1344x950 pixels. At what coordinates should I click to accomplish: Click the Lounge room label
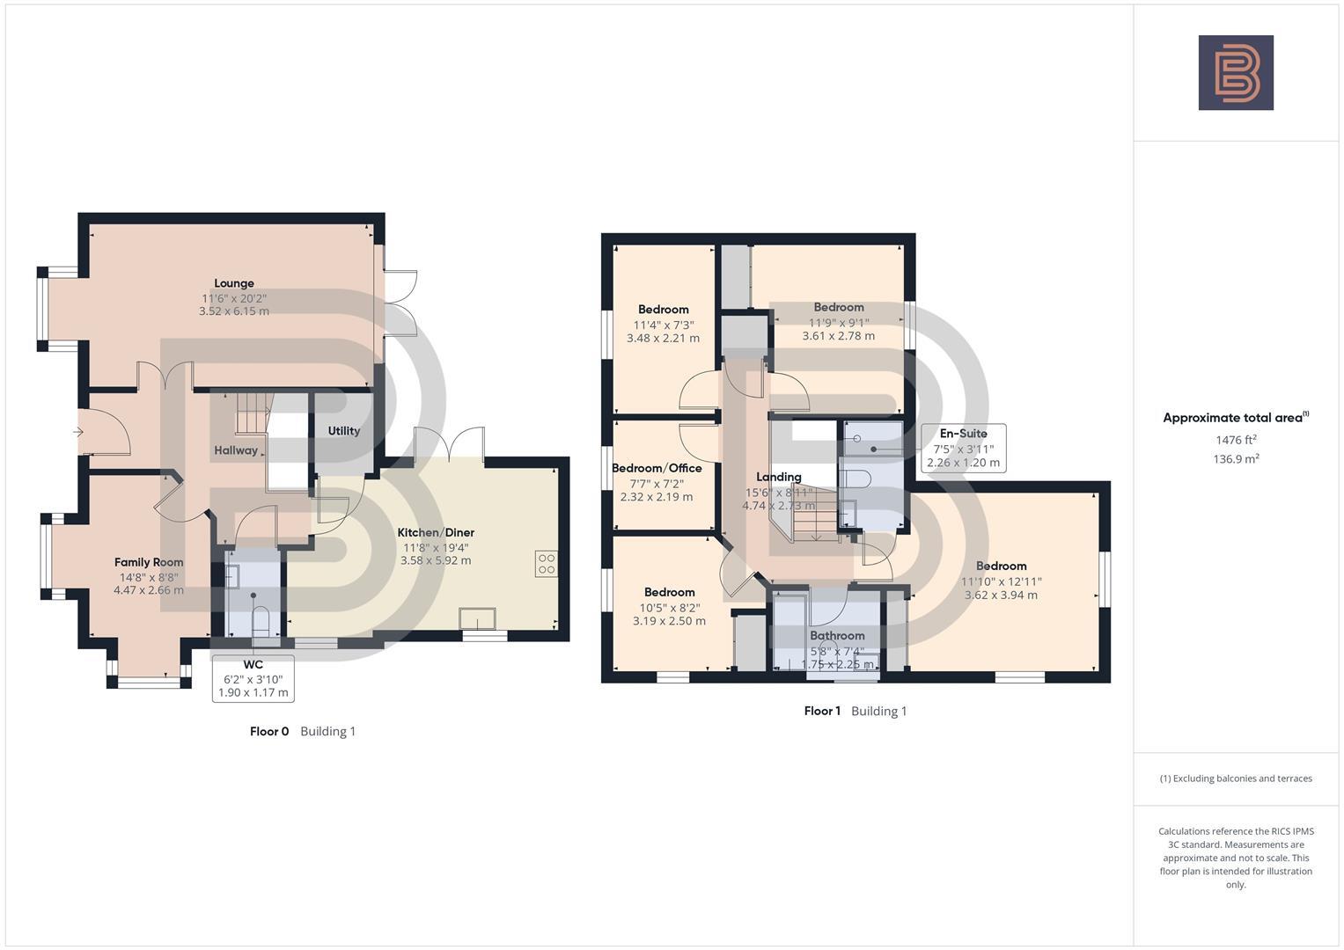[234, 283]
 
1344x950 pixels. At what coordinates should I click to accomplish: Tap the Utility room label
[343, 431]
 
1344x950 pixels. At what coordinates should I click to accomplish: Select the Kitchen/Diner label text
[436, 532]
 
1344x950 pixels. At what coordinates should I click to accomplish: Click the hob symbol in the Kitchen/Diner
[546, 564]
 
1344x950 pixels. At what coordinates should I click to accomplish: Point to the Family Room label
[149, 562]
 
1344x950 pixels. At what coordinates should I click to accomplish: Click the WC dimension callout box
[253, 678]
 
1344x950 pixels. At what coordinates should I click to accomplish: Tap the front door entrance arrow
[78, 432]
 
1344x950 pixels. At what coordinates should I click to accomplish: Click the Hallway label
[236, 450]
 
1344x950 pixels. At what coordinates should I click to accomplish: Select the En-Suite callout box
[963, 448]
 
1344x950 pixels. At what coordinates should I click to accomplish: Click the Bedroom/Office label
[657, 468]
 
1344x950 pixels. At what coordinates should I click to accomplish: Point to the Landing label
[779, 477]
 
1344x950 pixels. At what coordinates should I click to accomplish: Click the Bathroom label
[837, 635]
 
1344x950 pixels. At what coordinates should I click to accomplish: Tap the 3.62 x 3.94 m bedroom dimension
[1001, 595]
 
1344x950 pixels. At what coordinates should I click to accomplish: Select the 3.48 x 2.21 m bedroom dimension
[663, 338]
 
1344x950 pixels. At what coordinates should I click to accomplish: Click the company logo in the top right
[1236, 73]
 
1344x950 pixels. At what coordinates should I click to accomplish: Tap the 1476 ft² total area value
[1236, 440]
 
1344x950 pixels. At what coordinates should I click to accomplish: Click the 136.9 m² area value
[1236, 458]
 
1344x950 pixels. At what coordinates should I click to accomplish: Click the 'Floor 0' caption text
[269, 731]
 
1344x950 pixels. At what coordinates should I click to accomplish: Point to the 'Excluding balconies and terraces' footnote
[1236, 778]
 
